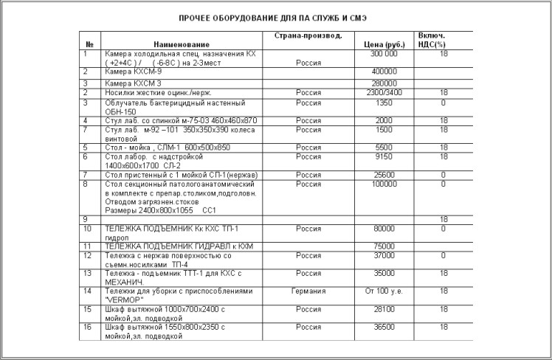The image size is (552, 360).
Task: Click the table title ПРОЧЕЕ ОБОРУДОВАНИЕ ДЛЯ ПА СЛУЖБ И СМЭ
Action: coord(274,16)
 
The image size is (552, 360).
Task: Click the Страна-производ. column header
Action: coord(308,35)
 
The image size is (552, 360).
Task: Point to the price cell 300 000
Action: coord(384,55)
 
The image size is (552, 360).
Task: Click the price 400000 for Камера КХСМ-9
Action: coord(384,72)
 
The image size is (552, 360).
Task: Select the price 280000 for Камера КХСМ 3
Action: coord(384,83)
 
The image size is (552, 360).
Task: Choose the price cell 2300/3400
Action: coord(384,93)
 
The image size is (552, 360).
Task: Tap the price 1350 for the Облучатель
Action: coord(384,103)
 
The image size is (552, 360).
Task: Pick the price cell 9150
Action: coord(384,156)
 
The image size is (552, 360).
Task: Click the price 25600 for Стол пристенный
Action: coord(384,174)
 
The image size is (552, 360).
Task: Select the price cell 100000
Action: coord(384,184)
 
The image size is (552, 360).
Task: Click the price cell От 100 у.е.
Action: coord(384,291)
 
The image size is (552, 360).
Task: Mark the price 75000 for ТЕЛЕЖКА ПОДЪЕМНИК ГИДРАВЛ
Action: coord(384,246)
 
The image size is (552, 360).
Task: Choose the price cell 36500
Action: coord(384,327)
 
